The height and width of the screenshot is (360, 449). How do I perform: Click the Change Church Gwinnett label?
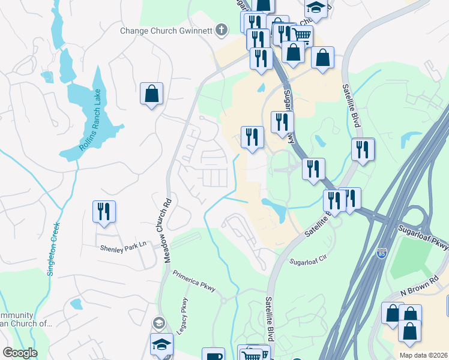pos(167,31)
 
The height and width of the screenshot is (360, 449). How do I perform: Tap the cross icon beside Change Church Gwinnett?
pos(221,29)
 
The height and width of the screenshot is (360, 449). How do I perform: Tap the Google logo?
pos(20,353)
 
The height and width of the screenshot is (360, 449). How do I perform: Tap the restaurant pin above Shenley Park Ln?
pos(104,211)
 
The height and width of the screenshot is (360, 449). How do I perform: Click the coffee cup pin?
pos(212,355)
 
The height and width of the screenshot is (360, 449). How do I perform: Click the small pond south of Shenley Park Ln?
pos(76,304)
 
